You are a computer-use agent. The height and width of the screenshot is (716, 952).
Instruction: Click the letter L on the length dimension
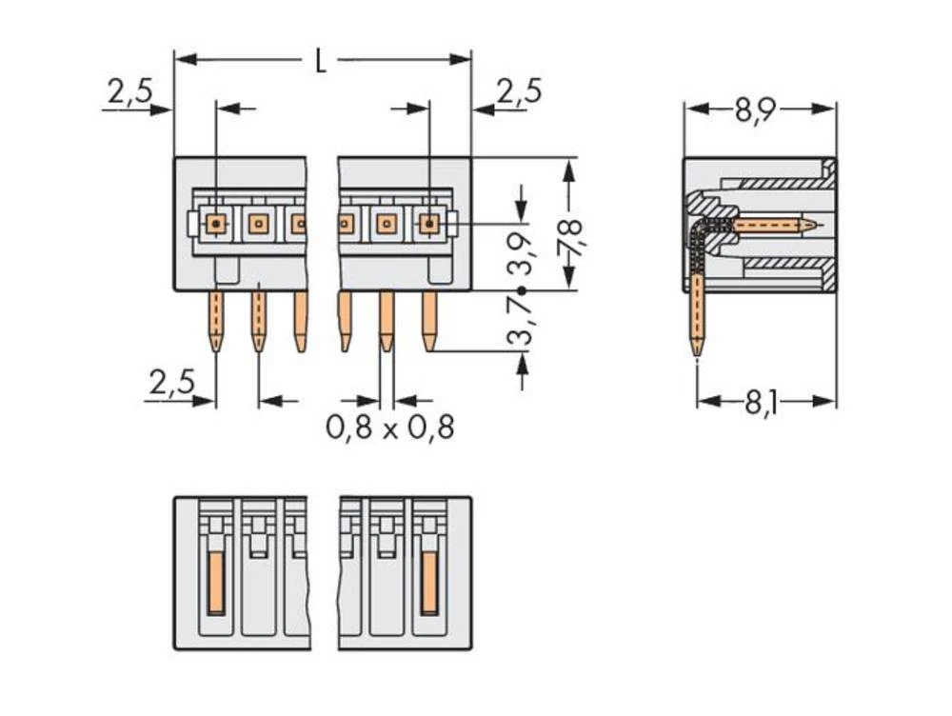coord(321,62)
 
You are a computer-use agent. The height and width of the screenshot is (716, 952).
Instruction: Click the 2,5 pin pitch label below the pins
coord(171,383)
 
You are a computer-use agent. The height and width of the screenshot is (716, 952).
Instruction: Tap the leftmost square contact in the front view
coord(217,224)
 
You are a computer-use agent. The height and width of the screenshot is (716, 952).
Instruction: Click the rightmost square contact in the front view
coord(429,224)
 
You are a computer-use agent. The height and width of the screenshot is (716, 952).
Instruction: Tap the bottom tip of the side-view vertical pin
coord(698,352)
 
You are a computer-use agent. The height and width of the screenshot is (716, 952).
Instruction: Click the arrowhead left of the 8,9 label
coord(693,109)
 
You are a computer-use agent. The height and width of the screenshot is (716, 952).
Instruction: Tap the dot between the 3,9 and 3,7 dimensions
coord(521,290)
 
